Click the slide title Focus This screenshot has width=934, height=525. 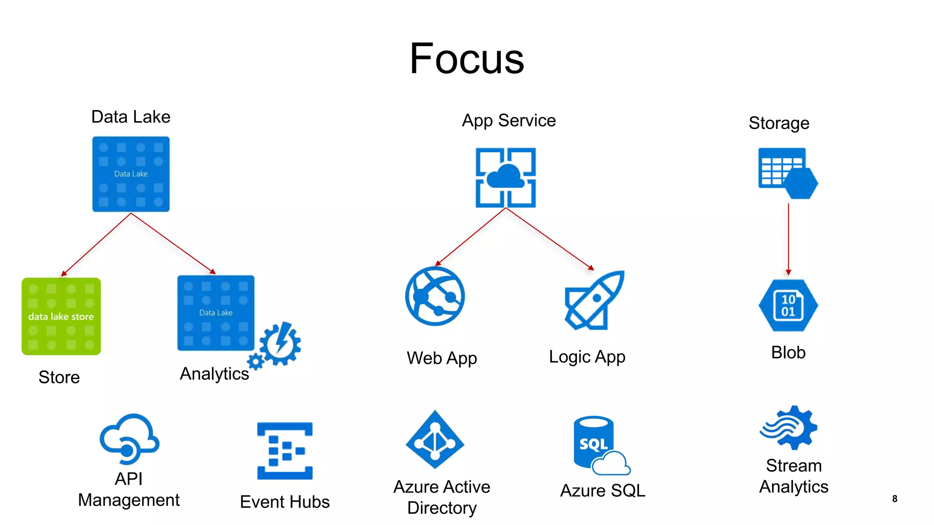coord(467,59)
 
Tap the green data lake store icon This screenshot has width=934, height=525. coord(61,316)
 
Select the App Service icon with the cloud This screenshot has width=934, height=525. coord(505,177)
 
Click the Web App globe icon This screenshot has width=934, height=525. coord(435,296)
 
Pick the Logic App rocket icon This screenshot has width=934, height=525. coord(594,301)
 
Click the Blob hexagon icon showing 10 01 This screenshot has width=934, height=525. coord(788,305)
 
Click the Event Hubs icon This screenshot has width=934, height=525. coord(285,451)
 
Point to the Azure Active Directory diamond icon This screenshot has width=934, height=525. coord(435,440)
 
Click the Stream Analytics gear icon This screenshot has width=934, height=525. coord(789,427)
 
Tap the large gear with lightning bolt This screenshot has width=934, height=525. coord(280,344)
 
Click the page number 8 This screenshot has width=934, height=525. coord(894,499)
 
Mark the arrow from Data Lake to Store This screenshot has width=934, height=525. coord(96,245)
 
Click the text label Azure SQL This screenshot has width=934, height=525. coord(602,491)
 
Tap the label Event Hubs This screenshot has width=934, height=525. coord(285,502)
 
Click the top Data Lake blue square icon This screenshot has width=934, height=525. coord(131,174)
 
